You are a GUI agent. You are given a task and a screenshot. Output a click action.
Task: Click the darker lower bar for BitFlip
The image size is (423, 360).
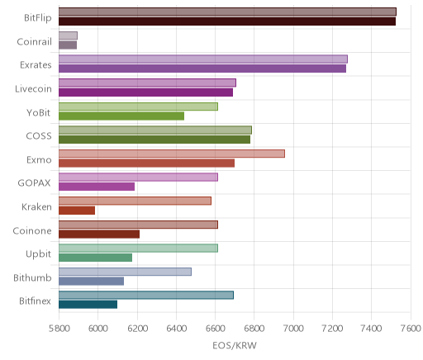pos(227,21)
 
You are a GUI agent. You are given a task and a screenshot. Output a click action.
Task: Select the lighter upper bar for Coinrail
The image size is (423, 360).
pos(68,36)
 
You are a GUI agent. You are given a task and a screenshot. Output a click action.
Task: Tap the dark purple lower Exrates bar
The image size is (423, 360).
pos(202,69)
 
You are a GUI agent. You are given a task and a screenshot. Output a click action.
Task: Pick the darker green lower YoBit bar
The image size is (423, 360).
pos(121,116)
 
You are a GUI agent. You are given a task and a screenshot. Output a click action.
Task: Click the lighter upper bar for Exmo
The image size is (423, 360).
pos(172,154)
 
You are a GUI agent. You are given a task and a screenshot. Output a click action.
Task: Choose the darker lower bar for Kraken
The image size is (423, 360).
pos(77,211)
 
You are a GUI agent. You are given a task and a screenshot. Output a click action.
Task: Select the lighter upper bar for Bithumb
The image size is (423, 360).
pos(125,272)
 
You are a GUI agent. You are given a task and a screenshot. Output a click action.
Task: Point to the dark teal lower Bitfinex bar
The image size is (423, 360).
pos(88,305)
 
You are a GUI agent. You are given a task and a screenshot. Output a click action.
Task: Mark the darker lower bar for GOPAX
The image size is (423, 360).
pos(97,187)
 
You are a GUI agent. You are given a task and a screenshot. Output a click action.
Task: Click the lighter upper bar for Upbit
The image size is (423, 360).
pos(138,248)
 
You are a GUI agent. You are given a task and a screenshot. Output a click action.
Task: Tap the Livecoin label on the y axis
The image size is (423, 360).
pos(33,89)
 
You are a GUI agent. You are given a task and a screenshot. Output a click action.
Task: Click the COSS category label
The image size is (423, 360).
pos(39,136)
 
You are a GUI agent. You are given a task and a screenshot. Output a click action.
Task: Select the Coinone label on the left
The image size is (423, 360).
pos(32,230)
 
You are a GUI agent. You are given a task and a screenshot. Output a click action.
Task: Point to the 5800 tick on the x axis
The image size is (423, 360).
pos(59,329)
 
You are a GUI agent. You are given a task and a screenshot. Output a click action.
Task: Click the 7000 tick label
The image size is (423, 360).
pos(293,329)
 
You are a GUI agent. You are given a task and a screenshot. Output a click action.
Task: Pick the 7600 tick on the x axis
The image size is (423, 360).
pos(411,329)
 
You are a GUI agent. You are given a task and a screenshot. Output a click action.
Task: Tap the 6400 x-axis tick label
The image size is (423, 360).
pos(177,329)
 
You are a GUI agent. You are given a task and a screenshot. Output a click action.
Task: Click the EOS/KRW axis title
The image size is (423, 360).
pos(235,345)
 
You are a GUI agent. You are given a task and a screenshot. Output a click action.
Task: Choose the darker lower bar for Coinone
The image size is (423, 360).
pos(99,234)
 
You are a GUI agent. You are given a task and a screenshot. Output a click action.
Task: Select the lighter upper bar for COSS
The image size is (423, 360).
pos(155,130)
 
